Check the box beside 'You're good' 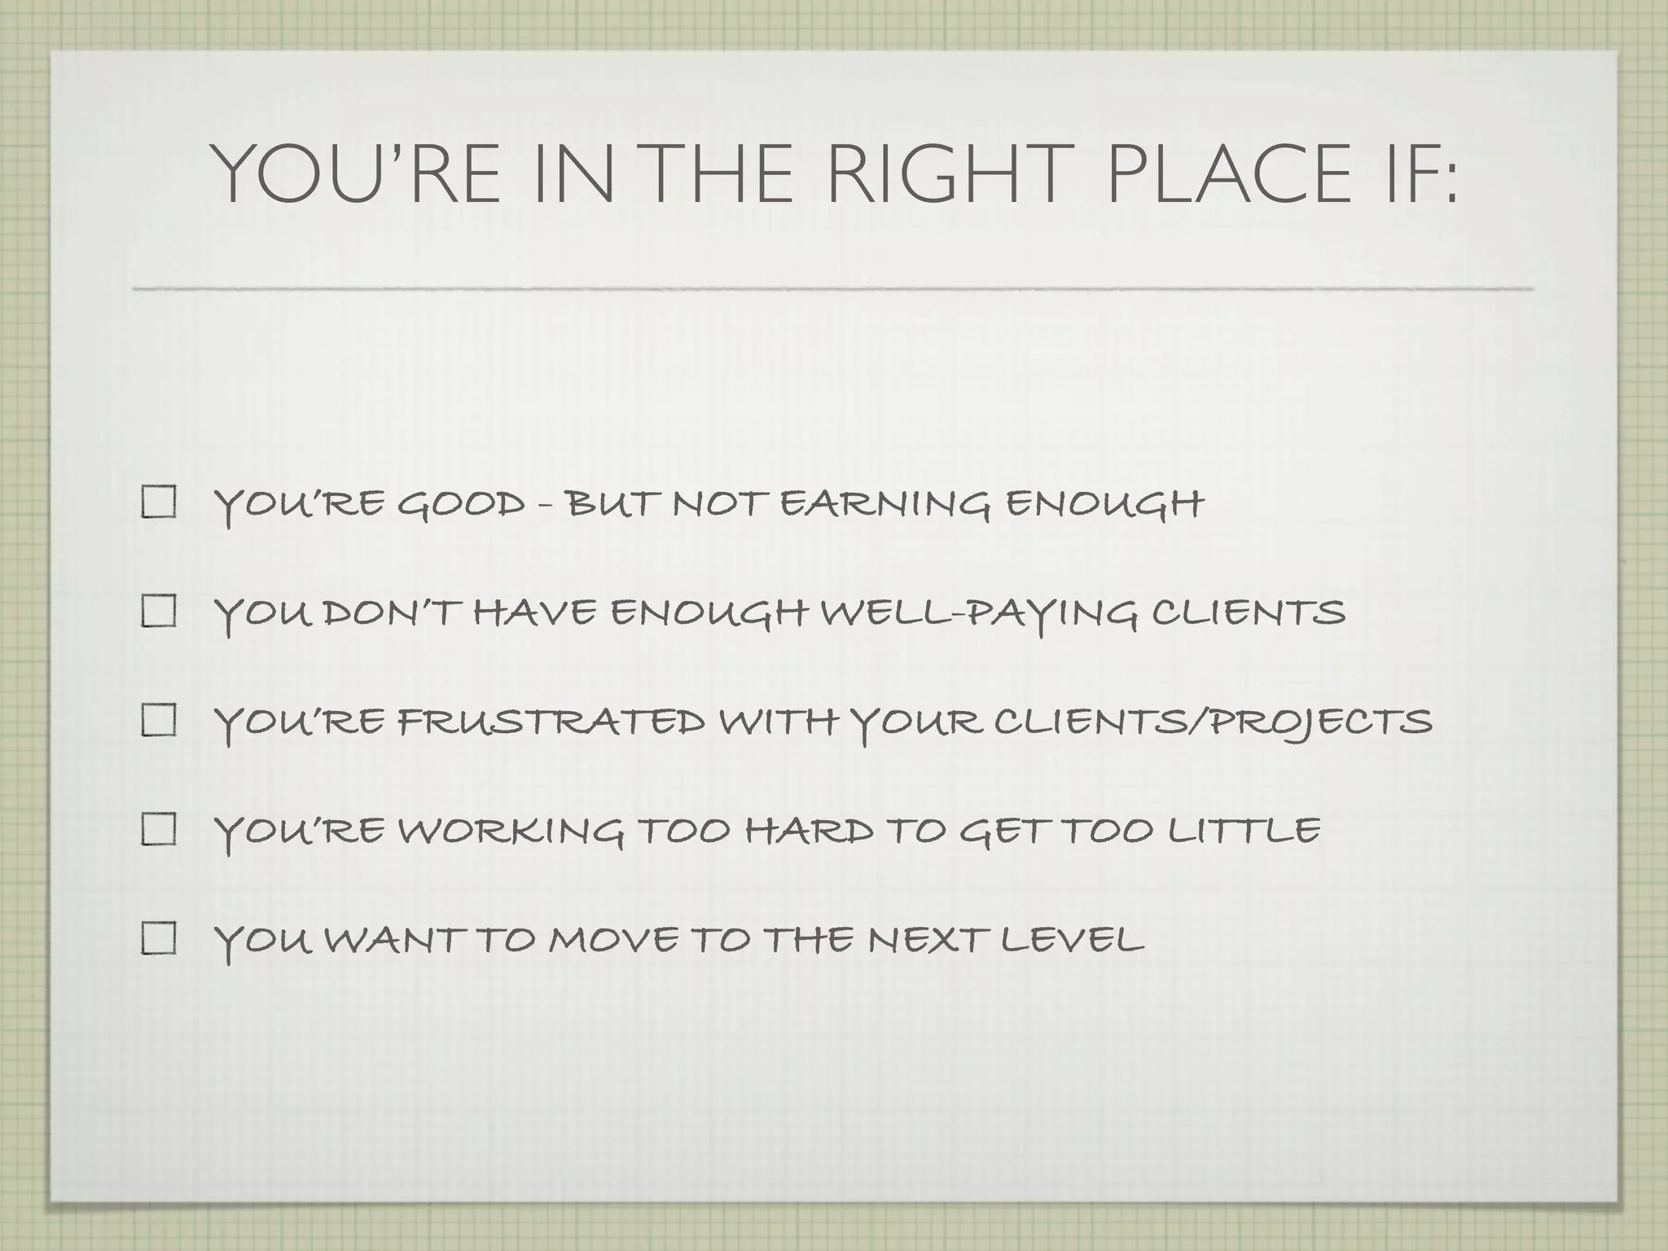pos(159,503)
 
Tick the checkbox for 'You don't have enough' pos(159,612)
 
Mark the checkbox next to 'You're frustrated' pos(159,721)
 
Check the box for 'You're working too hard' pos(159,830)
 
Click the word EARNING pos(885,504)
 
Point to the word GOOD pos(461,504)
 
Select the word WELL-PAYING pos(978,613)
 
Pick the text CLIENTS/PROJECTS pos(1213,722)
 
